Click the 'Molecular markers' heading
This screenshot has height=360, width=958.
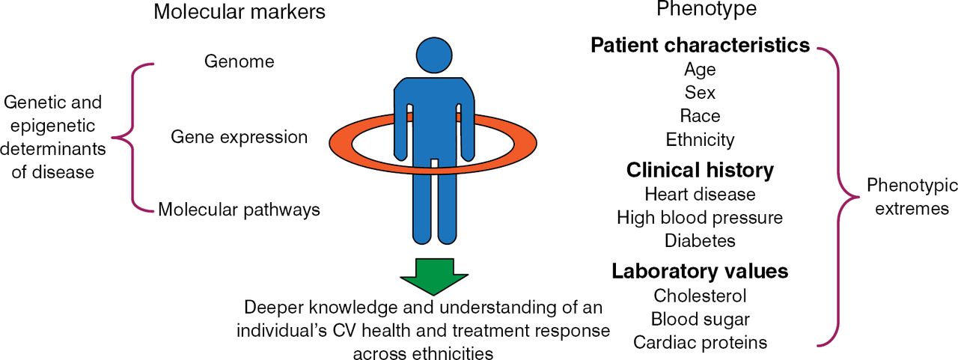click(239, 12)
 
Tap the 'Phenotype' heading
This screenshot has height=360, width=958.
click(707, 10)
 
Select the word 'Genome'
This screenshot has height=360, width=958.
click(239, 61)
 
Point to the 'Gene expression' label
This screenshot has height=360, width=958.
click(239, 137)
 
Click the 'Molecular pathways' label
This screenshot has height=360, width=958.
click(239, 210)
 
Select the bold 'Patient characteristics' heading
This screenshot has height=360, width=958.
click(700, 46)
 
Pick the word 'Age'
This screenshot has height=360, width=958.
click(700, 70)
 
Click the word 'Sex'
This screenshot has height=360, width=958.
click(700, 93)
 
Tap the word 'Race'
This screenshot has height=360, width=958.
click(700, 116)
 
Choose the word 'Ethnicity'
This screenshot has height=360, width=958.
click(700, 140)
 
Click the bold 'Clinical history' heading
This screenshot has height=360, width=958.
click(700, 170)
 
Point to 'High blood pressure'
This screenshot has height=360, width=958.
click(700, 217)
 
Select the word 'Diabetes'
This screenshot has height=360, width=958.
click(700, 240)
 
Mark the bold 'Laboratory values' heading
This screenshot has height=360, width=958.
click(700, 270)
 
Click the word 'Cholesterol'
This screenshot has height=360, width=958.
click(700, 296)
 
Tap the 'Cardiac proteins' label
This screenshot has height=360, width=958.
click(700, 342)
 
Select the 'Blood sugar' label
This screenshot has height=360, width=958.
click(700, 319)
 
